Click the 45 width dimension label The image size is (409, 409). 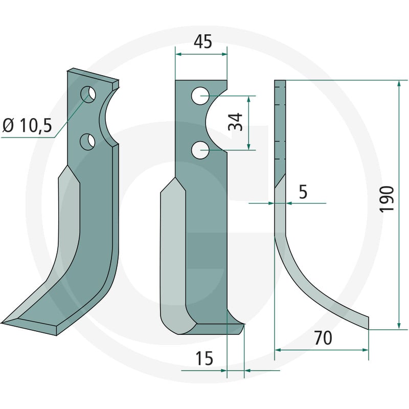click(203, 42)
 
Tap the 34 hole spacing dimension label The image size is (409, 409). click(235, 122)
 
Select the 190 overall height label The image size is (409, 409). click(387, 199)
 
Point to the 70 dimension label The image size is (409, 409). click(323, 338)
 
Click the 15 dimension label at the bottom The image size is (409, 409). click(204, 358)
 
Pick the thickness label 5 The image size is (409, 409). click(303, 192)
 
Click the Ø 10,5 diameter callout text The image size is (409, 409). click(28, 125)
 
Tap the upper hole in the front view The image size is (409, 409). click(200, 96)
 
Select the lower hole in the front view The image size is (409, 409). click(200, 150)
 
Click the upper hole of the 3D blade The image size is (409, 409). click(88, 95)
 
